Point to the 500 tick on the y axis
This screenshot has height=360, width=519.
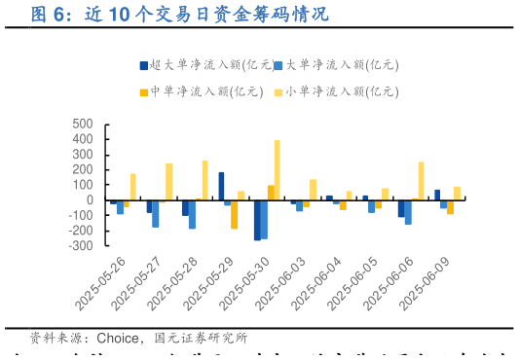[x=81, y=125]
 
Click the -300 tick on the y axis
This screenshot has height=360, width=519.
[x=78, y=246]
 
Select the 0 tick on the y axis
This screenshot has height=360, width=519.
[x=89, y=200]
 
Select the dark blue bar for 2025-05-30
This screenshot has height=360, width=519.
[x=257, y=220]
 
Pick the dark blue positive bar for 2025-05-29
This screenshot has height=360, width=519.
[x=221, y=187]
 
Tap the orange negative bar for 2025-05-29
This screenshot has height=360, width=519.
[x=235, y=214]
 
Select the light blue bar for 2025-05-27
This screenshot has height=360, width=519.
[x=156, y=213]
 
